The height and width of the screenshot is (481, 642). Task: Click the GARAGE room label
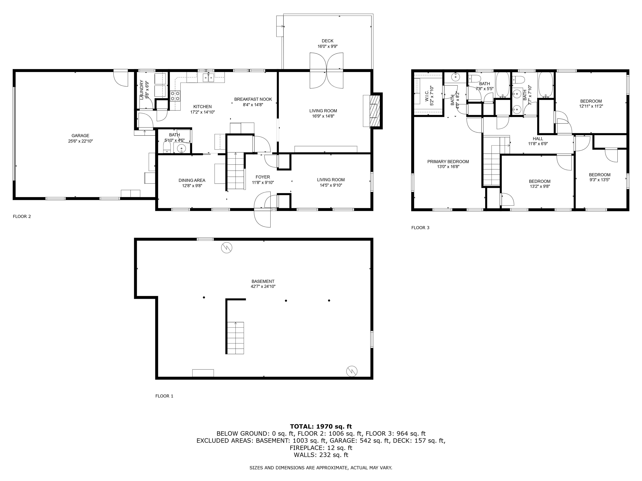pos(80,136)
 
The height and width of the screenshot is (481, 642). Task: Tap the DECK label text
pos(327,41)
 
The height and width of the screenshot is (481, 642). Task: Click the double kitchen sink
pos(208,77)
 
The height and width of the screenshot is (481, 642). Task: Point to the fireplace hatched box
pos(375,110)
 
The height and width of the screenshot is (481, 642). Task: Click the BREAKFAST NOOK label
pos(253,99)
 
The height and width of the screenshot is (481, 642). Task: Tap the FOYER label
pos(263,177)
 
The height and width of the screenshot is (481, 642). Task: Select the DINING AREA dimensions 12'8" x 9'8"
pos(192,186)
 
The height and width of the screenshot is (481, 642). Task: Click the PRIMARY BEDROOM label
pos(448,162)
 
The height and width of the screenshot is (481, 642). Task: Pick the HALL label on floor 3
pos(538,139)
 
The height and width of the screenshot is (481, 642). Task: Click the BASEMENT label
pos(263,281)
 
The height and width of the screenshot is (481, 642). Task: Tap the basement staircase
pos(235,338)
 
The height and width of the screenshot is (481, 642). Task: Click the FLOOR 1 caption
pos(164,396)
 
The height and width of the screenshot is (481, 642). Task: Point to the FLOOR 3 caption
pos(420,228)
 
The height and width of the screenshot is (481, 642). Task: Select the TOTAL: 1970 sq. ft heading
pos(321,427)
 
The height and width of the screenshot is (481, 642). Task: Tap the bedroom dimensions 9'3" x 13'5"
pos(600,180)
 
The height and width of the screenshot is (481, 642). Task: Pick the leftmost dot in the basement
pos(204,297)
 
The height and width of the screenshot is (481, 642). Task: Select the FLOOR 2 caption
pos(22,216)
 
